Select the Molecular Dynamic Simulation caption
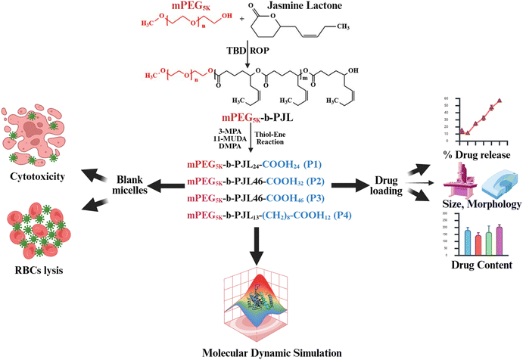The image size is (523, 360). pos(260,352)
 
